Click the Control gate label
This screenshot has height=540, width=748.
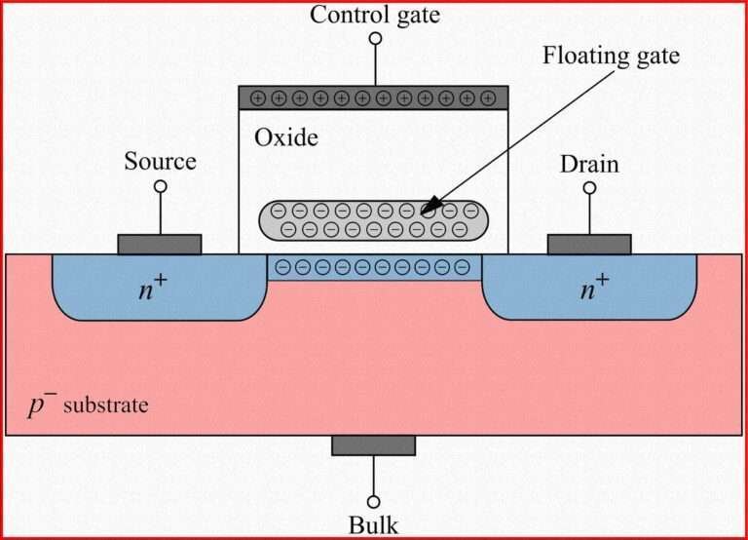point(374,15)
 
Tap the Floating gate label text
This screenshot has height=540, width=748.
point(611,55)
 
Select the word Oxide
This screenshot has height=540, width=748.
point(286,137)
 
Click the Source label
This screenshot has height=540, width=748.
point(160,162)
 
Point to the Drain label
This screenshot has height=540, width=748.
point(588,164)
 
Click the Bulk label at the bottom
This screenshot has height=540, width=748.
point(373,526)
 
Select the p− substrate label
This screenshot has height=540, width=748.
point(89,403)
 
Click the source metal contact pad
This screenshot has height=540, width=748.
point(160,244)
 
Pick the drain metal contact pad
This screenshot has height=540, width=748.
point(589,244)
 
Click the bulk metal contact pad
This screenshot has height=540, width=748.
point(373,445)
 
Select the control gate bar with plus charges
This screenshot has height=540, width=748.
point(373,97)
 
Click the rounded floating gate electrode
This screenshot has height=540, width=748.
point(374,220)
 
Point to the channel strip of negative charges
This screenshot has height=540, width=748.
point(374,267)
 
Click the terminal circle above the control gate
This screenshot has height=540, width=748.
point(374,39)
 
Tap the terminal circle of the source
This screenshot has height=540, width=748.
point(160,185)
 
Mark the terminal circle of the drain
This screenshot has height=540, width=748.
point(589,186)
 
